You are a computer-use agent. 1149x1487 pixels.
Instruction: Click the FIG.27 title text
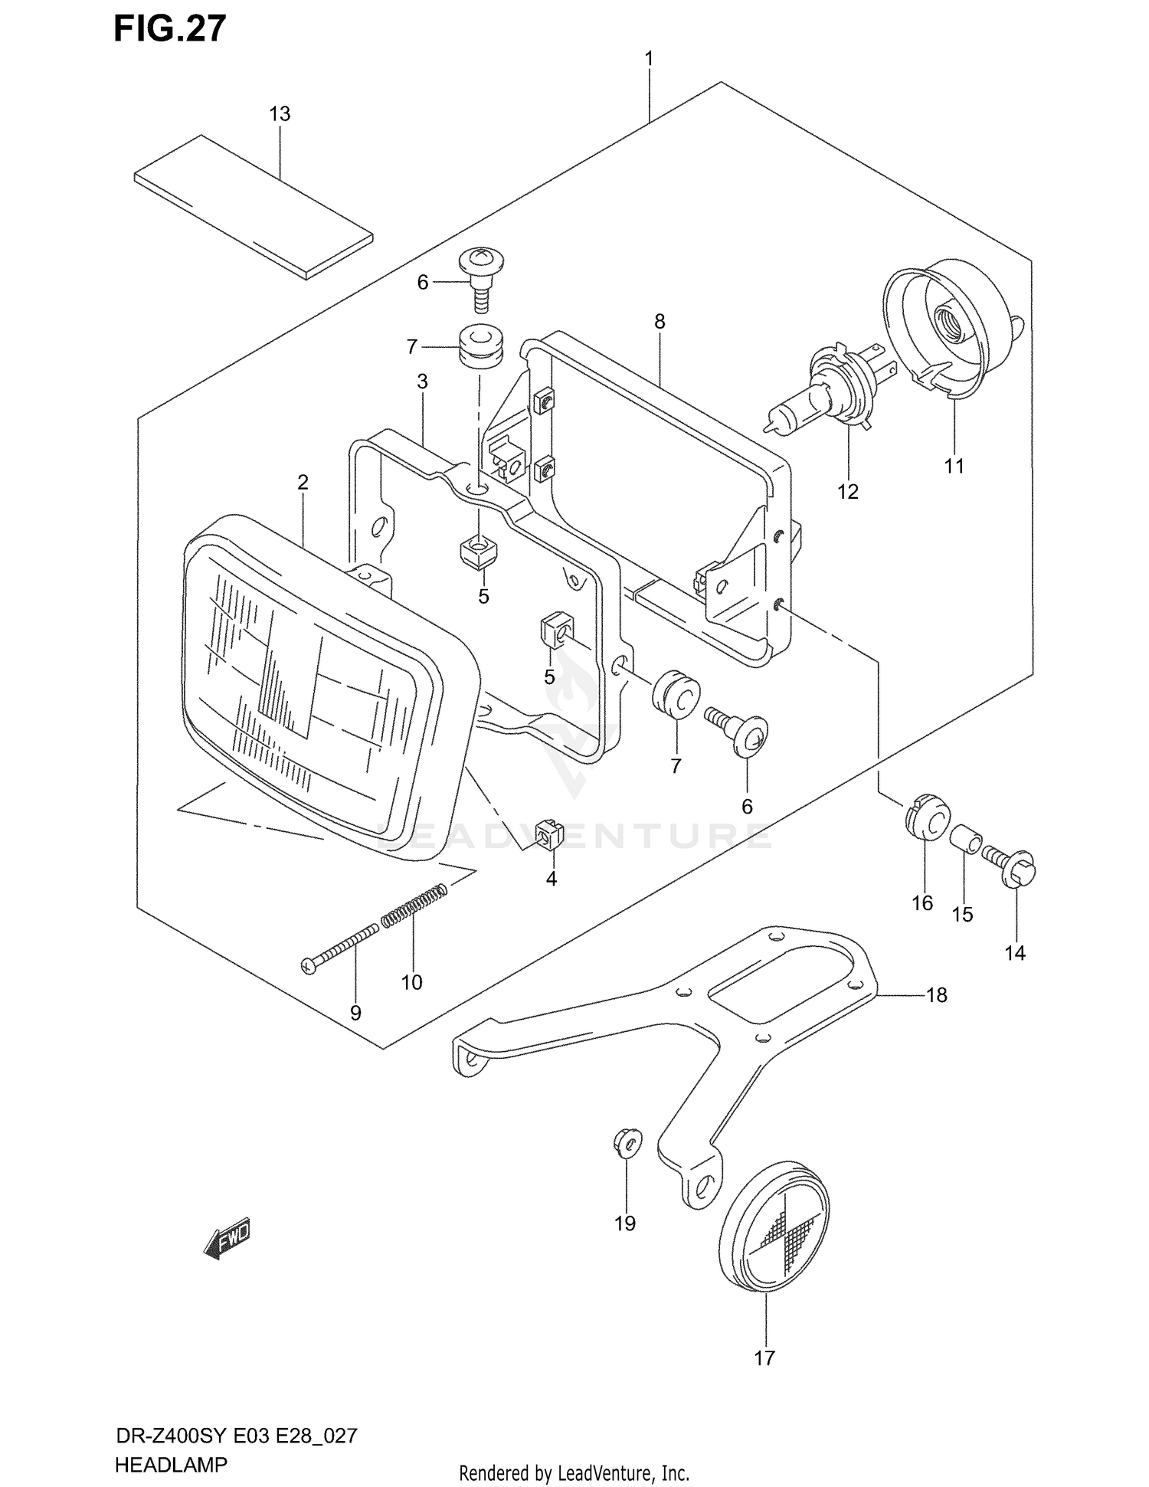point(169,28)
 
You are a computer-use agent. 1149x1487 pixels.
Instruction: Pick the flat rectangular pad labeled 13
point(253,205)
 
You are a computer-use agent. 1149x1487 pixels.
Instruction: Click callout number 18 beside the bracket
point(936,995)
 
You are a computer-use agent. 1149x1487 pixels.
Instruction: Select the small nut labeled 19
point(625,1145)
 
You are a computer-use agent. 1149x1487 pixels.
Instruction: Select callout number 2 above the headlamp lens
point(303,482)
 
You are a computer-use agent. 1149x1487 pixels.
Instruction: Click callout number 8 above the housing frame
point(660,322)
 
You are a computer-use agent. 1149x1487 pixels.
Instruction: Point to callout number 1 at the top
point(649,58)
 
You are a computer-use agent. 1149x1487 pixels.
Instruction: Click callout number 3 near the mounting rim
point(422,382)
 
